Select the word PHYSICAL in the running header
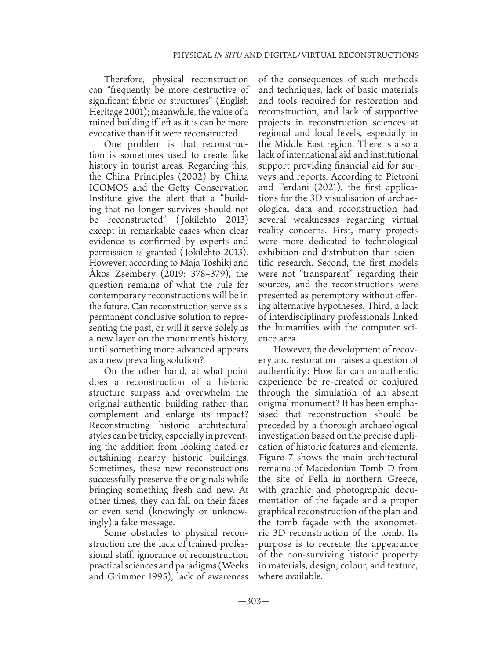pyautogui.click(x=193, y=55)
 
